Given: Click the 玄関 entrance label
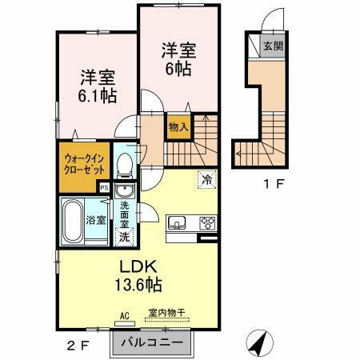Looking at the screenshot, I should [272, 46].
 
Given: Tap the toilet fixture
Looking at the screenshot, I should [124, 166].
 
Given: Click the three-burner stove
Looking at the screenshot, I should [208, 223].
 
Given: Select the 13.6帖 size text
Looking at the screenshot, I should [138, 284].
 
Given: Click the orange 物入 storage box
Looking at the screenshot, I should [178, 126].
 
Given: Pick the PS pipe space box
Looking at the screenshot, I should [103, 186].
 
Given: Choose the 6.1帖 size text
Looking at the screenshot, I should [98, 97].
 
